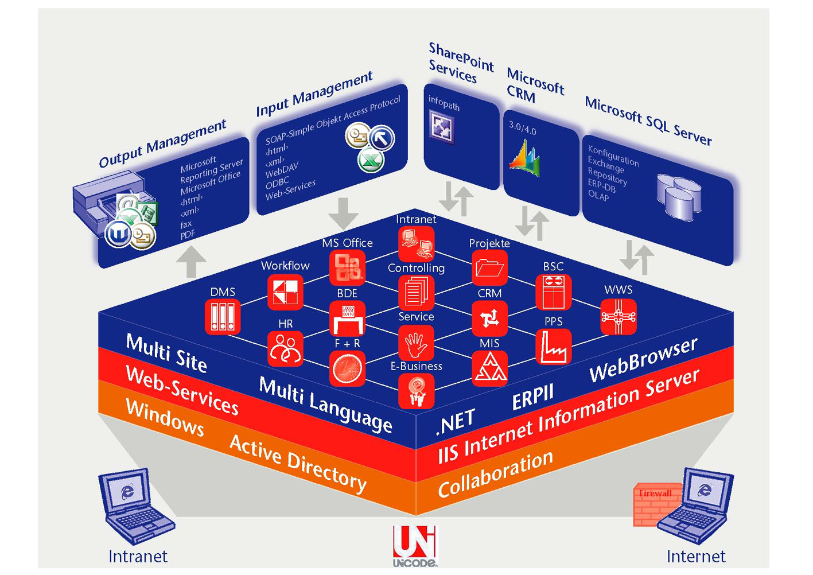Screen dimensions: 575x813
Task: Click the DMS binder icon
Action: pyautogui.click(x=223, y=317)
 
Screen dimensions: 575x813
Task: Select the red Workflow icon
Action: pyautogui.click(x=285, y=292)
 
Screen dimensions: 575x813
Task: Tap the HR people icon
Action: pyautogui.click(x=285, y=348)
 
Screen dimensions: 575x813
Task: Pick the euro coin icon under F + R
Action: pyautogui.click(x=347, y=368)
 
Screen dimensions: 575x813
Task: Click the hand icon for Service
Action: pyautogui.click(x=416, y=343)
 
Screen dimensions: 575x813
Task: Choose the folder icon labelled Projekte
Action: pyautogui.click(x=489, y=267)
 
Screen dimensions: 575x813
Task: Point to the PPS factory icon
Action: pyautogui.click(x=553, y=347)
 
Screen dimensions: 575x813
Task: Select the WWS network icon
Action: pyautogui.click(x=618, y=316)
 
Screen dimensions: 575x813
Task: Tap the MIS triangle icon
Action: pyautogui.click(x=489, y=368)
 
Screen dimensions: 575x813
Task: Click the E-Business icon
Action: pyautogui.click(x=416, y=391)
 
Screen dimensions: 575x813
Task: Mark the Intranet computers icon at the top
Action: pyautogui.click(x=416, y=244)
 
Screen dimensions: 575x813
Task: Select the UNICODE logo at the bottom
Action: pyautogui.click(x=414, y=546)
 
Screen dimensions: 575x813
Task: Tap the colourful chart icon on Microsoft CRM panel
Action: pyautogui.click(x=525, y=159)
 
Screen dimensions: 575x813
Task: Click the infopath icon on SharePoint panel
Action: pyautogui.click(x=442, y=127)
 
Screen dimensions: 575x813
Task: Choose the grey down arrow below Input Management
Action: pyautogui.click(x=343, y=213)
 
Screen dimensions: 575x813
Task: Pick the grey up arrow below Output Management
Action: pyautogui.click(x=192, y=262)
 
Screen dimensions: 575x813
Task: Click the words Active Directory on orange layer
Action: pyautogui.click(x=298, y=464)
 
